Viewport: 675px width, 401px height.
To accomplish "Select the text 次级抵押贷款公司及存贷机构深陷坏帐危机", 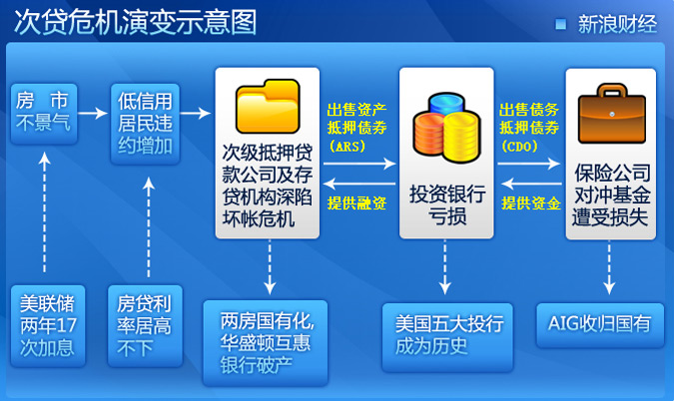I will coord(268,186).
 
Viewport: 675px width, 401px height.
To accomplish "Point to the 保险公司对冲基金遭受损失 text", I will coord(611,196).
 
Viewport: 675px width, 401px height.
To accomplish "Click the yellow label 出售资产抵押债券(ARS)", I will coord(356,124).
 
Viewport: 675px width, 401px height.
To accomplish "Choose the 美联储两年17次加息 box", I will coord(46,325).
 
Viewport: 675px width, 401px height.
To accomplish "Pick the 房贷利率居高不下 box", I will coord(146,325).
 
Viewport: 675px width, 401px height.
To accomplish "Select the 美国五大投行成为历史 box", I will coord(446,335).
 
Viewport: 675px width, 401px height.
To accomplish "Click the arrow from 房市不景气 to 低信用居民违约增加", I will coord(92,112).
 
